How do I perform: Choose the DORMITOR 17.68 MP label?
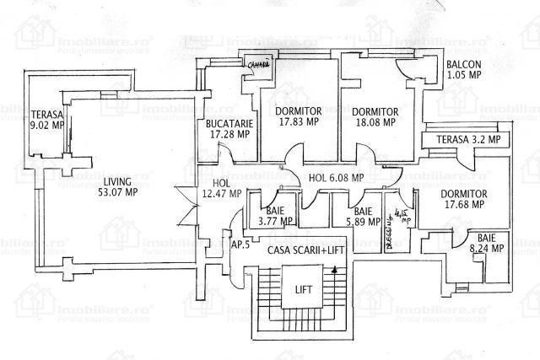pyautogui.click(x=464, y=198)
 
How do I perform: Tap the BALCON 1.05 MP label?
pyautogui.click(x=463, y=69)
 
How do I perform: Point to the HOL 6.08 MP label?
pyautogui.click(x=336, y=178)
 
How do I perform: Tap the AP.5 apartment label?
pyautogui.click(x=240, y=244)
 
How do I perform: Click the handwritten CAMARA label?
pyautogui.click(x=258, y=63)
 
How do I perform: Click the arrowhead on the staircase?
pyautogui.click(x=337, y=270)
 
